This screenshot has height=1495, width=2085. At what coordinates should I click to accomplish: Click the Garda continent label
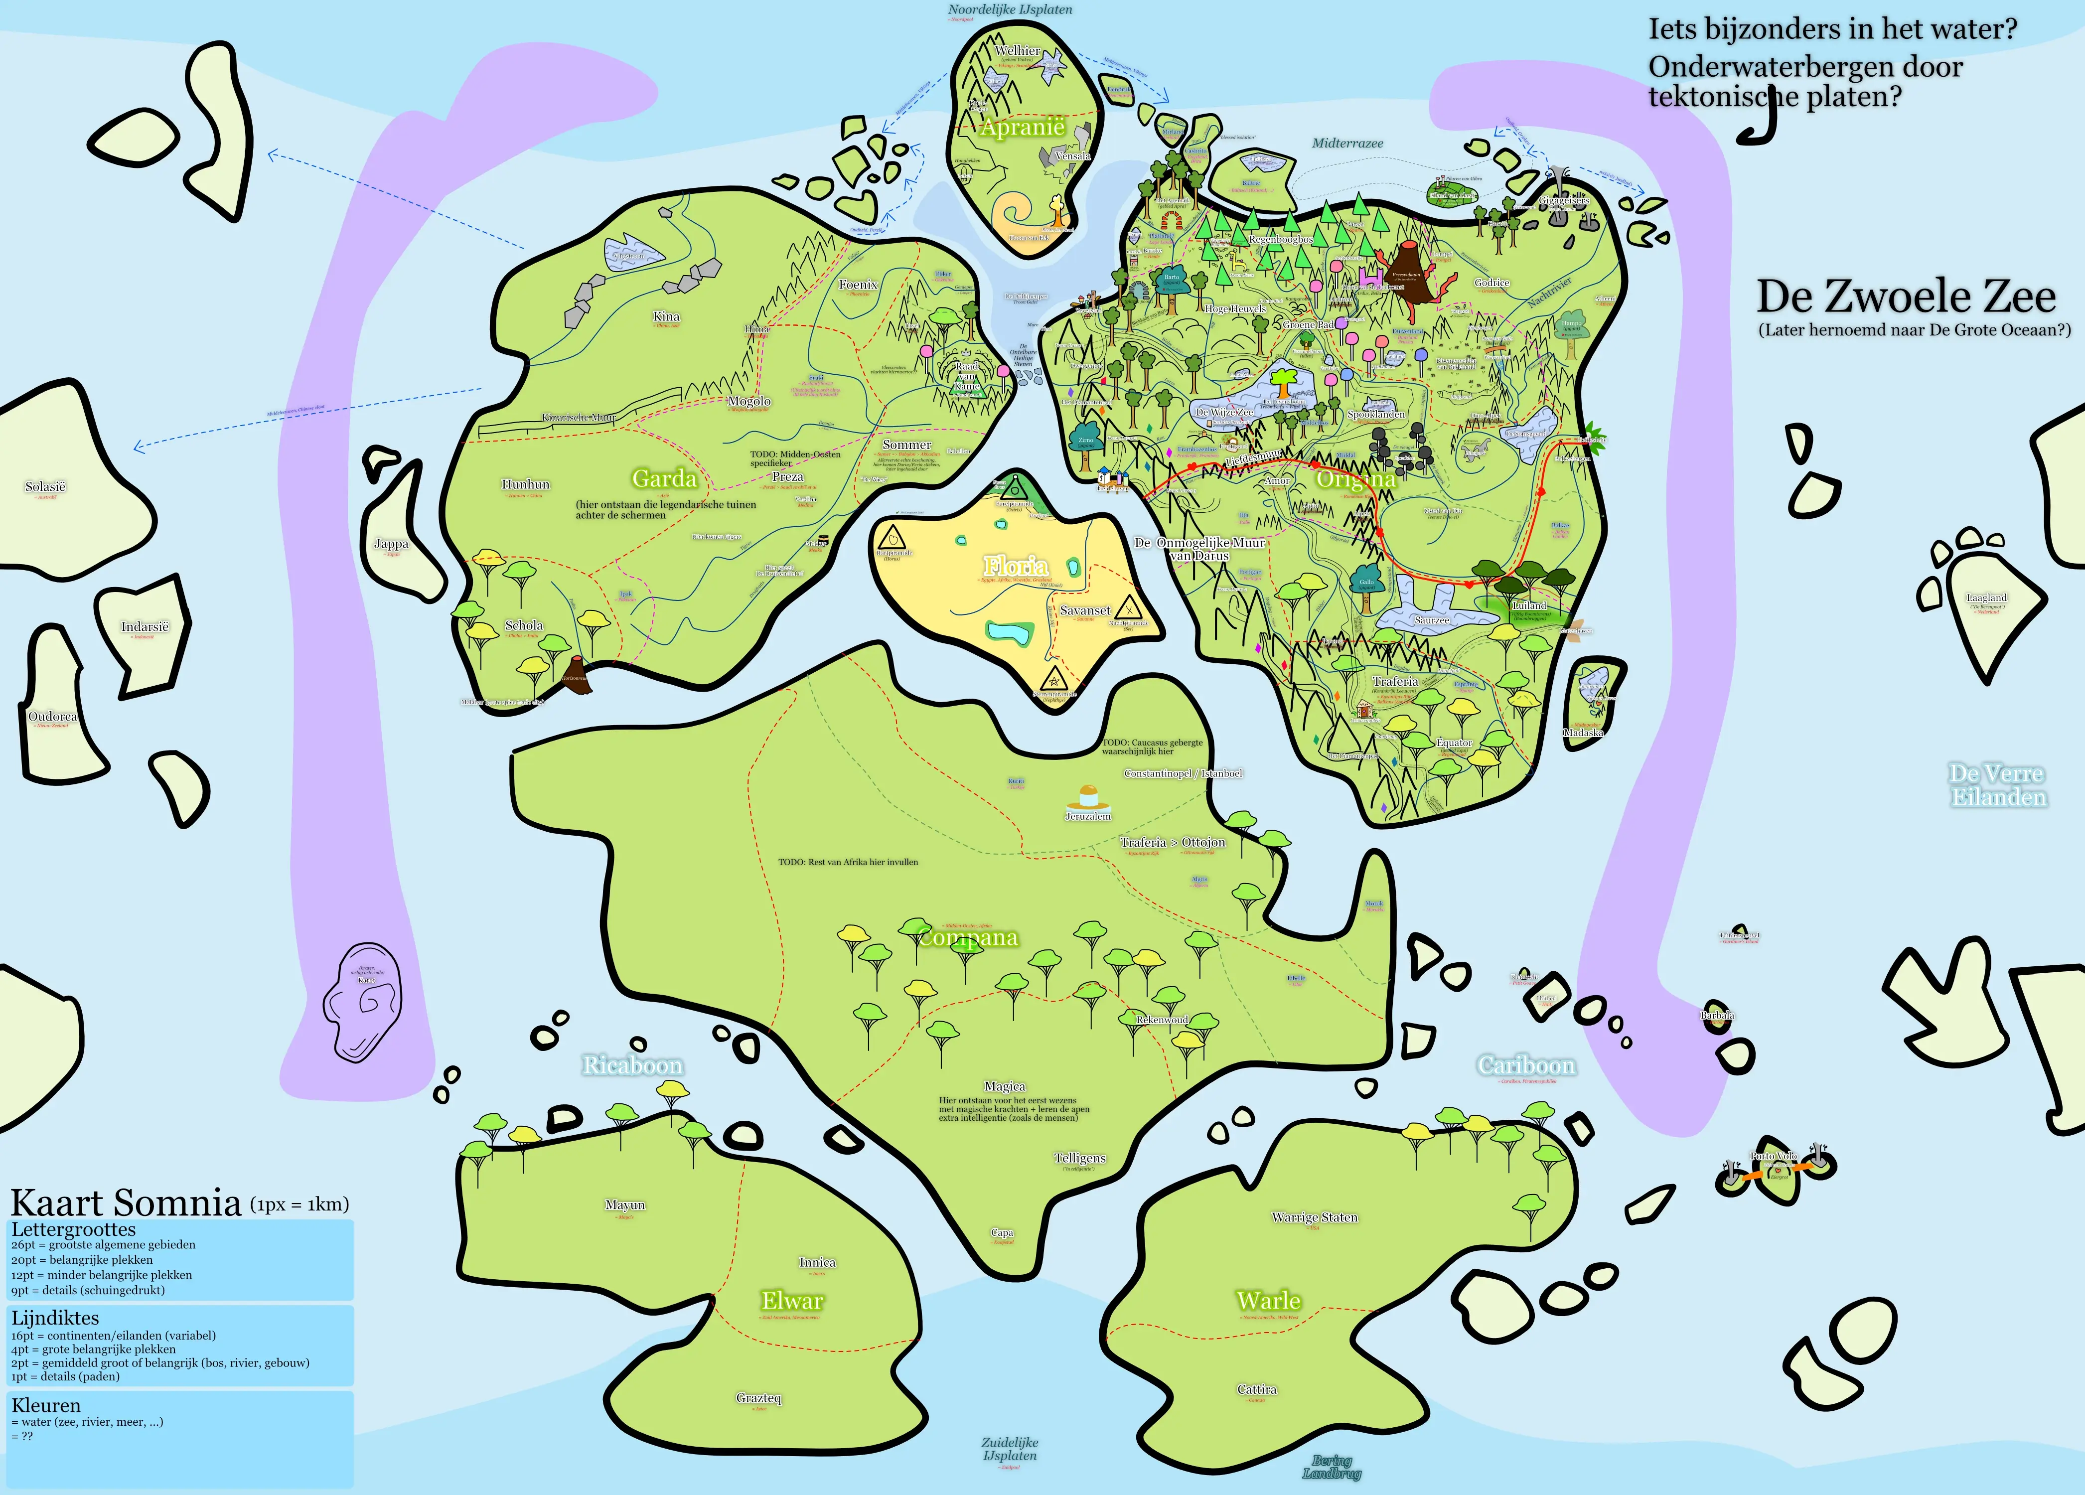point(664,478)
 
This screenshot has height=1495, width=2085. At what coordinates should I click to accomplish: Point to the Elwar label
point(791,1300)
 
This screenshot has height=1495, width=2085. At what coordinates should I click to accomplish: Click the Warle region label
point(1269,1300)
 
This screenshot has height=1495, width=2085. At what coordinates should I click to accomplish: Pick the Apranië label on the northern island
point(1022,127)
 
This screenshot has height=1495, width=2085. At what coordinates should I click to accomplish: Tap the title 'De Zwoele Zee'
point(1906,296)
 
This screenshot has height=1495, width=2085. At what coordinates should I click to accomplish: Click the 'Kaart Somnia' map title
point(126,1201)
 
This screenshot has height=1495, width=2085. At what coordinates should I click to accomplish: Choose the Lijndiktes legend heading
point(55,1318)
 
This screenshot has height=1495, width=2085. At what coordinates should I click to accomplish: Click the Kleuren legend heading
point(46,1405)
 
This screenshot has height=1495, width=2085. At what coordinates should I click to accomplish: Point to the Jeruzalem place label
point(1087,816)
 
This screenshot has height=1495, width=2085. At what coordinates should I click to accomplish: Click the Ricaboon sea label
point(632,1065)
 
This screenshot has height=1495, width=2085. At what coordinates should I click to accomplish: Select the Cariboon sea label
point(1526,1065)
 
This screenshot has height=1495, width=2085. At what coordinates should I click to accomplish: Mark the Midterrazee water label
point(1347,144)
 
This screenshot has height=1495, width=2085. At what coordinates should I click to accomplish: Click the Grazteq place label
point(758,1397)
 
